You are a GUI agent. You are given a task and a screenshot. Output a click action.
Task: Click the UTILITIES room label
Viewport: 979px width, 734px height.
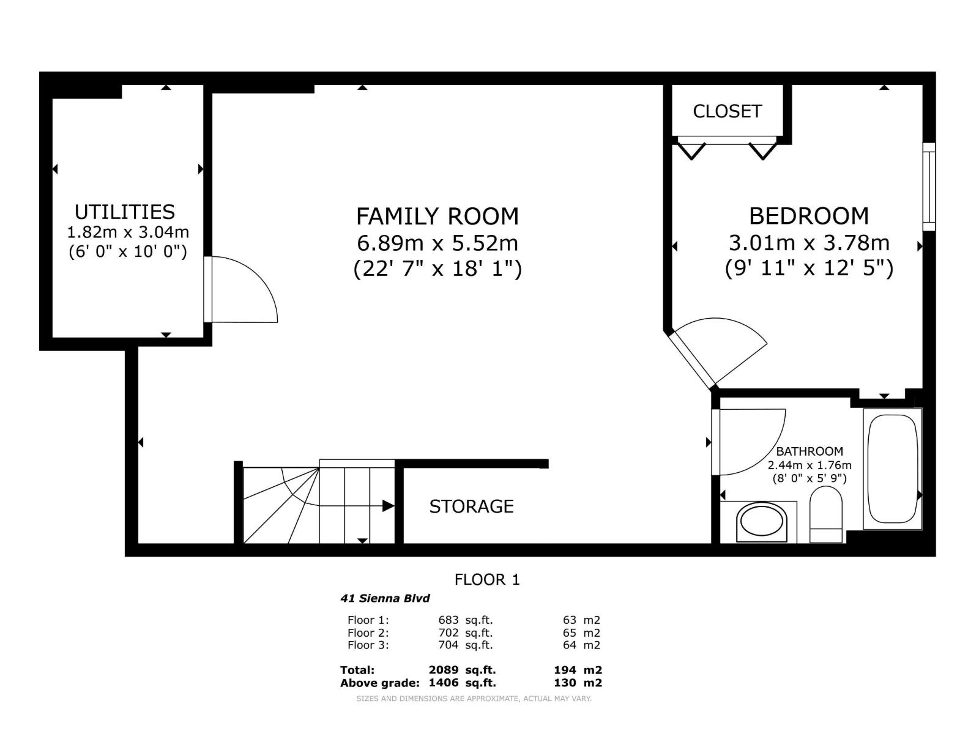click(124, 212)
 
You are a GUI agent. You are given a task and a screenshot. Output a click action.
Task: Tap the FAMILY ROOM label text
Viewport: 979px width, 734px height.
click(437, 217)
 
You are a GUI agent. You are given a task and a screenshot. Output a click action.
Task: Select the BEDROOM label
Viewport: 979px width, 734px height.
click(809, 216)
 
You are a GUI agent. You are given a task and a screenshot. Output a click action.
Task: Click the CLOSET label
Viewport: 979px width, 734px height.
click(727, 111)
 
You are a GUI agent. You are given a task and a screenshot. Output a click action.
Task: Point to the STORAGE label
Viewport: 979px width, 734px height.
click(471, 506)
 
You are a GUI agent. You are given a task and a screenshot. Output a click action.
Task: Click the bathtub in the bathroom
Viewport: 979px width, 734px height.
click(892, 469)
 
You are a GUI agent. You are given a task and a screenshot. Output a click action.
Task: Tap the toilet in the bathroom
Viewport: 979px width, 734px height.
click(825, 514)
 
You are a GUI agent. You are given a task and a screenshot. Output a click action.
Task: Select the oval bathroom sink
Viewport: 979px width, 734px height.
click(761, 522)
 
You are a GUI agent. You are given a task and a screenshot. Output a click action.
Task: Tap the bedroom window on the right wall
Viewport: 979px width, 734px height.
click(929, 187)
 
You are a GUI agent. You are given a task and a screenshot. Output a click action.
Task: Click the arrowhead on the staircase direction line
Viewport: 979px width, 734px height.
click(388, 506)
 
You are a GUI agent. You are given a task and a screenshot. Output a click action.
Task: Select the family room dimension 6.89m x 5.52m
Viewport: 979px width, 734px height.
click(437, 243)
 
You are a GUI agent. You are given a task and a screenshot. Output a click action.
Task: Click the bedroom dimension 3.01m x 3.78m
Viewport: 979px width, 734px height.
click(809, 243)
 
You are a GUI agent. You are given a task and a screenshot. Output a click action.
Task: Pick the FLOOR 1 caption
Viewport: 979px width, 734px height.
click(487, 579)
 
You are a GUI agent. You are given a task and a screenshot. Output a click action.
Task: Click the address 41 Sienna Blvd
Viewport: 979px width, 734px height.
click(385, 598)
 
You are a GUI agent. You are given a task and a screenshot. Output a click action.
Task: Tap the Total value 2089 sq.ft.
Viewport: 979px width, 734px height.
click(462, 670)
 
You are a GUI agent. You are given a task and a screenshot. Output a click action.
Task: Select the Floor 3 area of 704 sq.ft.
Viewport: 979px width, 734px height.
click(465, 645)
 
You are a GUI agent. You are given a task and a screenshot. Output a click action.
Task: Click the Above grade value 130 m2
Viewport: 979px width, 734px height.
click(578, 683)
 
